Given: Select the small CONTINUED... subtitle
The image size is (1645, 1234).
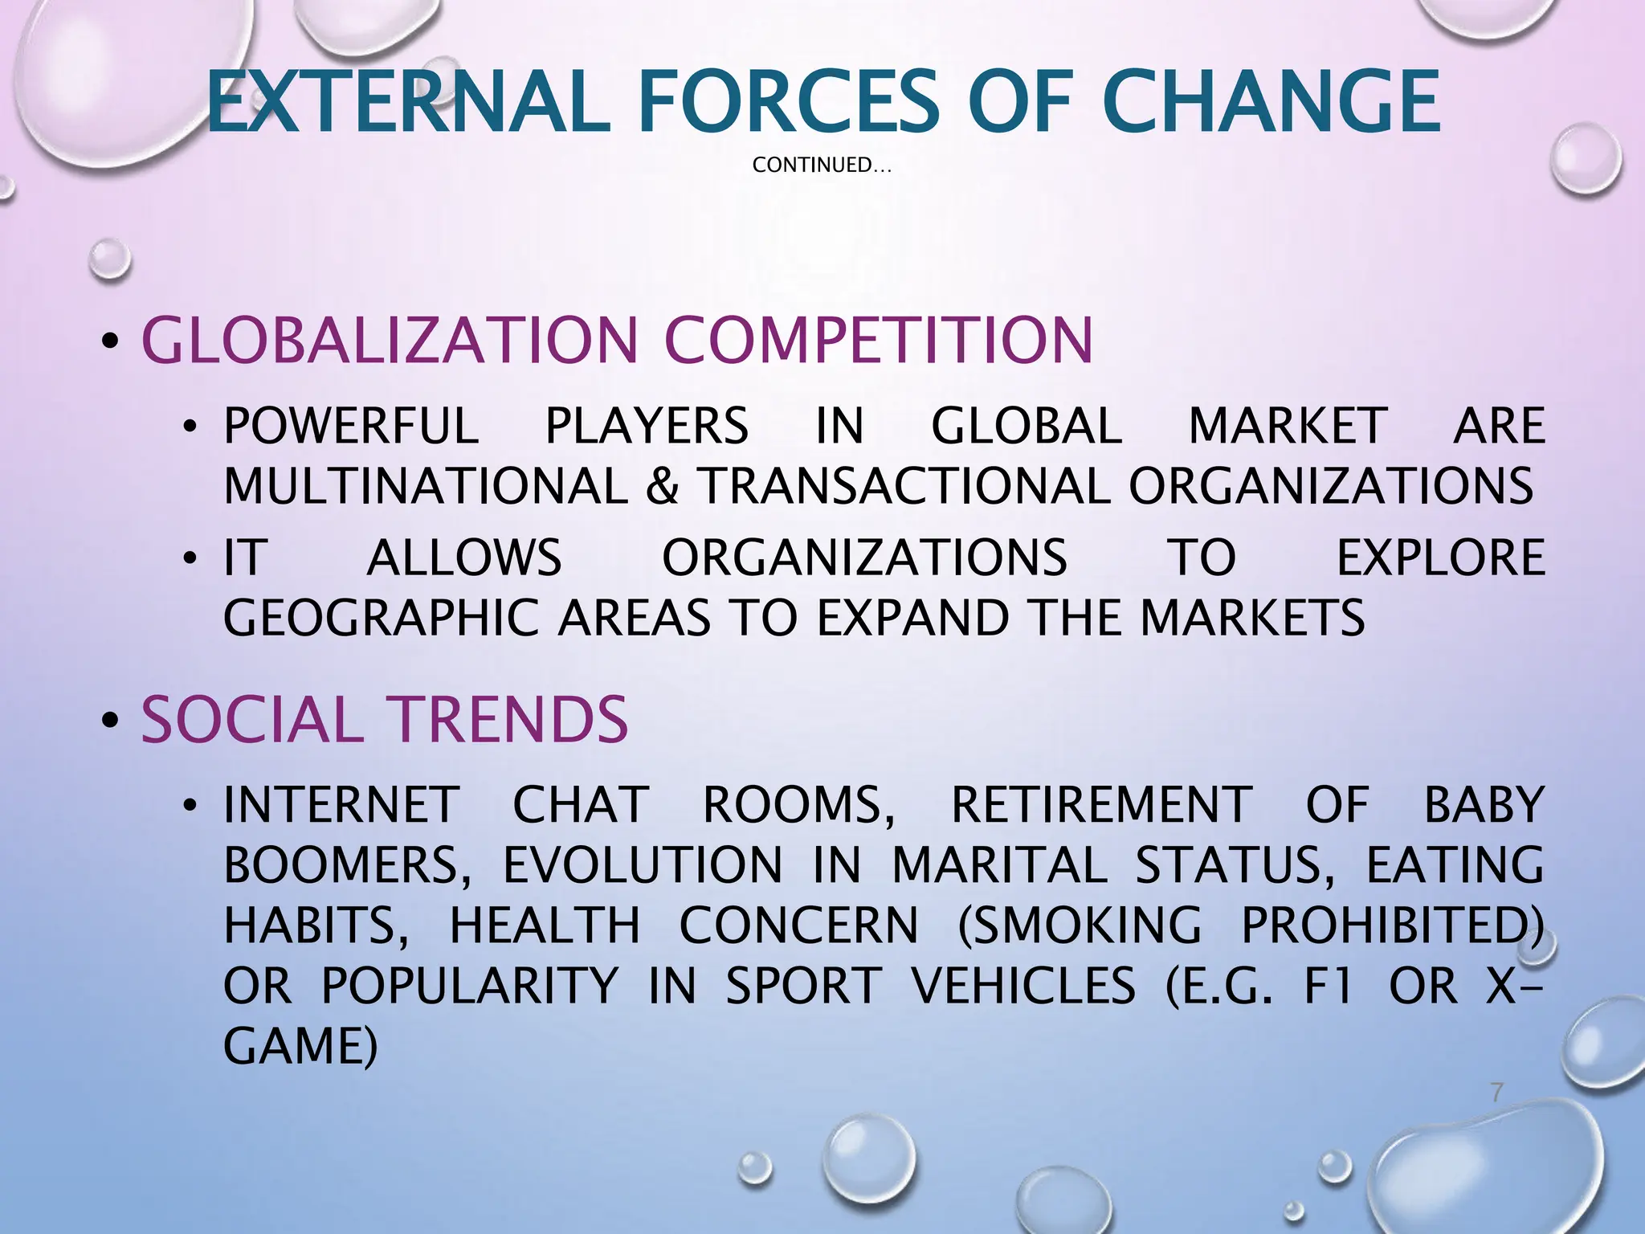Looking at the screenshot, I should click(822, 165).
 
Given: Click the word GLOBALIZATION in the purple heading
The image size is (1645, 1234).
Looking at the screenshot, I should click(390, 341).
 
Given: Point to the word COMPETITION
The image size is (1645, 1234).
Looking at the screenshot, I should click(879, 341).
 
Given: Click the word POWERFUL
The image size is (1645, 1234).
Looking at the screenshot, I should click(351, 426).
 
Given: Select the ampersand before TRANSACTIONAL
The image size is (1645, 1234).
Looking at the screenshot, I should click(662, 486).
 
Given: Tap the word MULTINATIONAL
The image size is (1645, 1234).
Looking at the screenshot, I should click(426, 486).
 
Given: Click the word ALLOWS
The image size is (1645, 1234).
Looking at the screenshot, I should click(464, 558).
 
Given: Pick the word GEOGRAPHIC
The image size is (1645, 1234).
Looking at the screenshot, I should click(381, 618).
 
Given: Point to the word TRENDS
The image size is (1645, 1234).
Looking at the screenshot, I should click(508, 720).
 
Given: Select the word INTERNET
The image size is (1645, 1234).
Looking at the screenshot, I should click(341, 805).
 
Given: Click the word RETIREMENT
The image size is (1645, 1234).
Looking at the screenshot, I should click(1101, 805).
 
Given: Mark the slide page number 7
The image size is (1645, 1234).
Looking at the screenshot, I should click(1496, 1093).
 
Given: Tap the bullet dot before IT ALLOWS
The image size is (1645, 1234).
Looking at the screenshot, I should click(190, 558).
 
